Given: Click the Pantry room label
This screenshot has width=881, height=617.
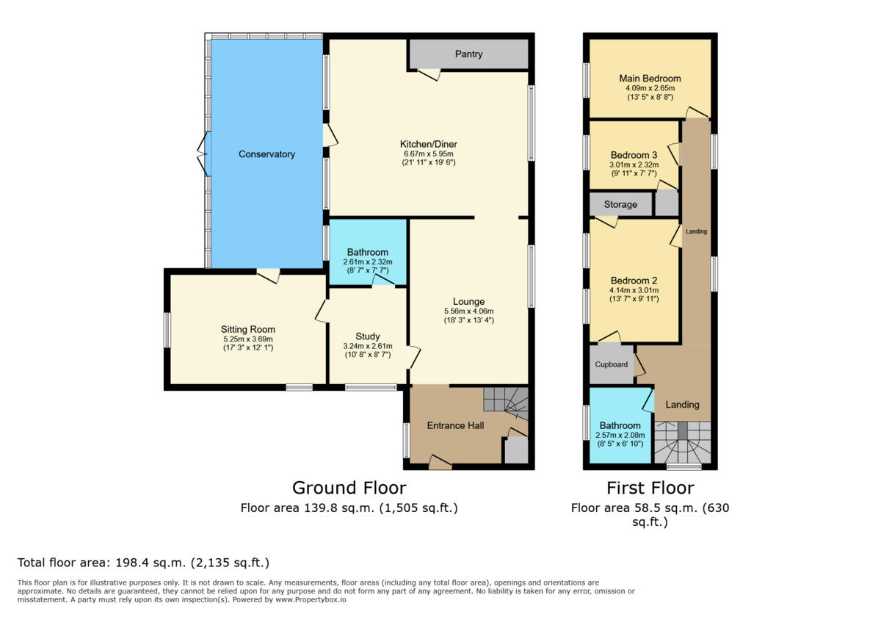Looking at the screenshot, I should tap(468, 54).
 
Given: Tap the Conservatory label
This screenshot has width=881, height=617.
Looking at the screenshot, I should tap(267, 154).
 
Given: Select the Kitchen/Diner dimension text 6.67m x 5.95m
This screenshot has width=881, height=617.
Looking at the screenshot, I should tap(429, 154).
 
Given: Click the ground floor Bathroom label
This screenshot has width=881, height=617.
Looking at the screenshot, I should tap(368, 252).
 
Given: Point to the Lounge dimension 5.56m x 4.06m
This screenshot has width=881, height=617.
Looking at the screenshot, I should tap(468, 311).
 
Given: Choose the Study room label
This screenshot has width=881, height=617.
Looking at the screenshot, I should tap(368, 336).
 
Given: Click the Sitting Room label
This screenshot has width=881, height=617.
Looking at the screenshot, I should tap(248, 329).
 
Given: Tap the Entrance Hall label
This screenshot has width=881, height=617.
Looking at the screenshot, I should tap(456, 425).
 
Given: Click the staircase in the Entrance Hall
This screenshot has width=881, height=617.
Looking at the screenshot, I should tap(507, 403).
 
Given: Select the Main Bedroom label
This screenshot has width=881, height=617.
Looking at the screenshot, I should tap(650, 79).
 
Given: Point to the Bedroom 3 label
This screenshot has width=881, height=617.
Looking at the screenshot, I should tap(634, 156).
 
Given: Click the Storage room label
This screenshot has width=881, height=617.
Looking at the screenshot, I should tap(620, 204).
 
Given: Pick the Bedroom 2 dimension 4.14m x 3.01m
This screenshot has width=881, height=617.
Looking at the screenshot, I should tap(634, 290).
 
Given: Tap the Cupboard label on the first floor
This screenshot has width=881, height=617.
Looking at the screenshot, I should tap(611, 364).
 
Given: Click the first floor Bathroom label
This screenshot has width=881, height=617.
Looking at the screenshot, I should tap(620, 425).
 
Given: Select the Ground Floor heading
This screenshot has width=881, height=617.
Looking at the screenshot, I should tap(349, 488).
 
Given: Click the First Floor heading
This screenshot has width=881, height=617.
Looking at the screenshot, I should tap(650, 488).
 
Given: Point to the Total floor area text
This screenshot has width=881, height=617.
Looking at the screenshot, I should tap(144, 563).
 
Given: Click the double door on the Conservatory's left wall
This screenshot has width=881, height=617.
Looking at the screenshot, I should tap(203, 154).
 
